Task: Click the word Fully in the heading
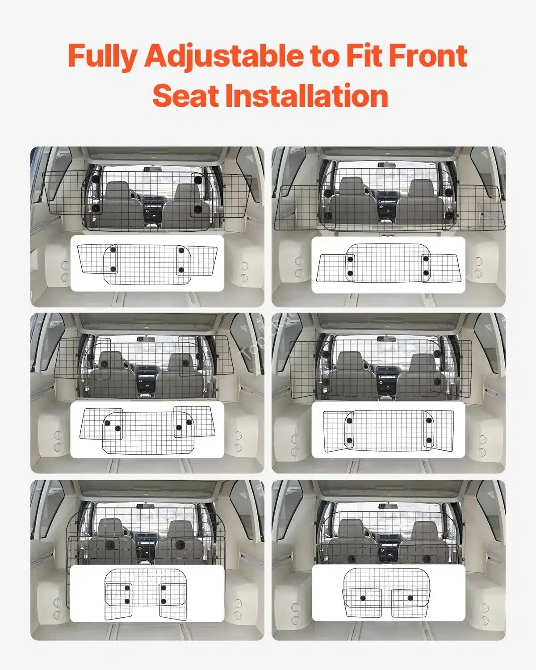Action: (102, 56)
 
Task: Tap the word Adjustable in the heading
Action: (224, 56)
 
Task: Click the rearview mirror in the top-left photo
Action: (153, 169)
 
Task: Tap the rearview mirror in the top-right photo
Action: (386, 165)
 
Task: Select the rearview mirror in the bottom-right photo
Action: (388, 506)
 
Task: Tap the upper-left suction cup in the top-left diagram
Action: (113, 250)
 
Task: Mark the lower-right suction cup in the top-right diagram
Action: (426, 273)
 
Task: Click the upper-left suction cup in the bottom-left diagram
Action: (127, 588)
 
